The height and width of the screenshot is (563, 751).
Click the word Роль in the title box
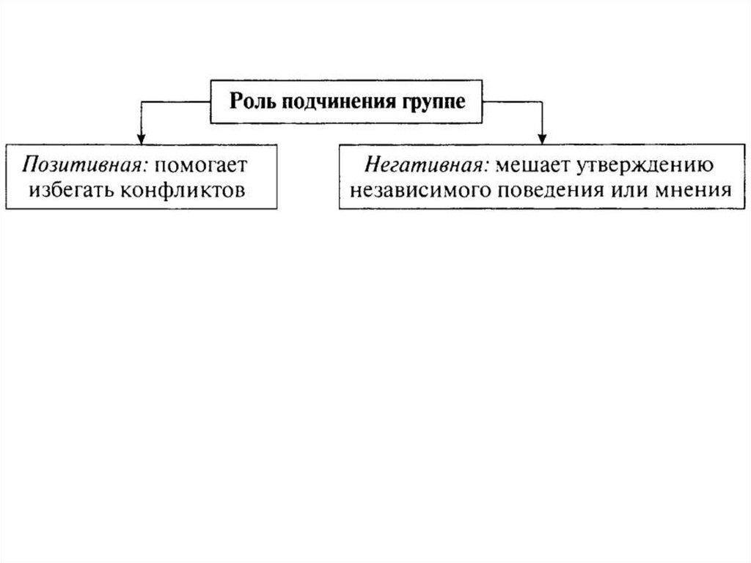[x=250, y=101]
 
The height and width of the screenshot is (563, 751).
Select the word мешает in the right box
[x=526, y=164]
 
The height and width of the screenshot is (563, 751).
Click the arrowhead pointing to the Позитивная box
[x=140, y=138]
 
